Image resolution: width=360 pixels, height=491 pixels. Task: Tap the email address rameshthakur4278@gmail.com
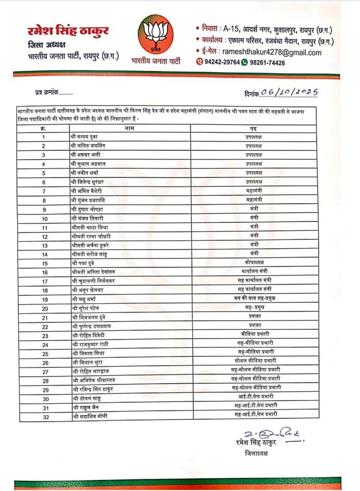coord(272,53)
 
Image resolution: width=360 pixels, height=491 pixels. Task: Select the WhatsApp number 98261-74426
coord(267,63)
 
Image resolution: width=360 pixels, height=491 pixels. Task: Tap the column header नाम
coord(129,128)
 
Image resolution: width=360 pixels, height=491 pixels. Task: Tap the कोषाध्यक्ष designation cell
coord(254,263)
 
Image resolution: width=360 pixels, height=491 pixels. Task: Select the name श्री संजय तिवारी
coord(88,218)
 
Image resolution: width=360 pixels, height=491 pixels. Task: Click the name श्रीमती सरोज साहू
coord(90,254)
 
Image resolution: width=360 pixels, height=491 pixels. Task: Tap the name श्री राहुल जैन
coord(86,407)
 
